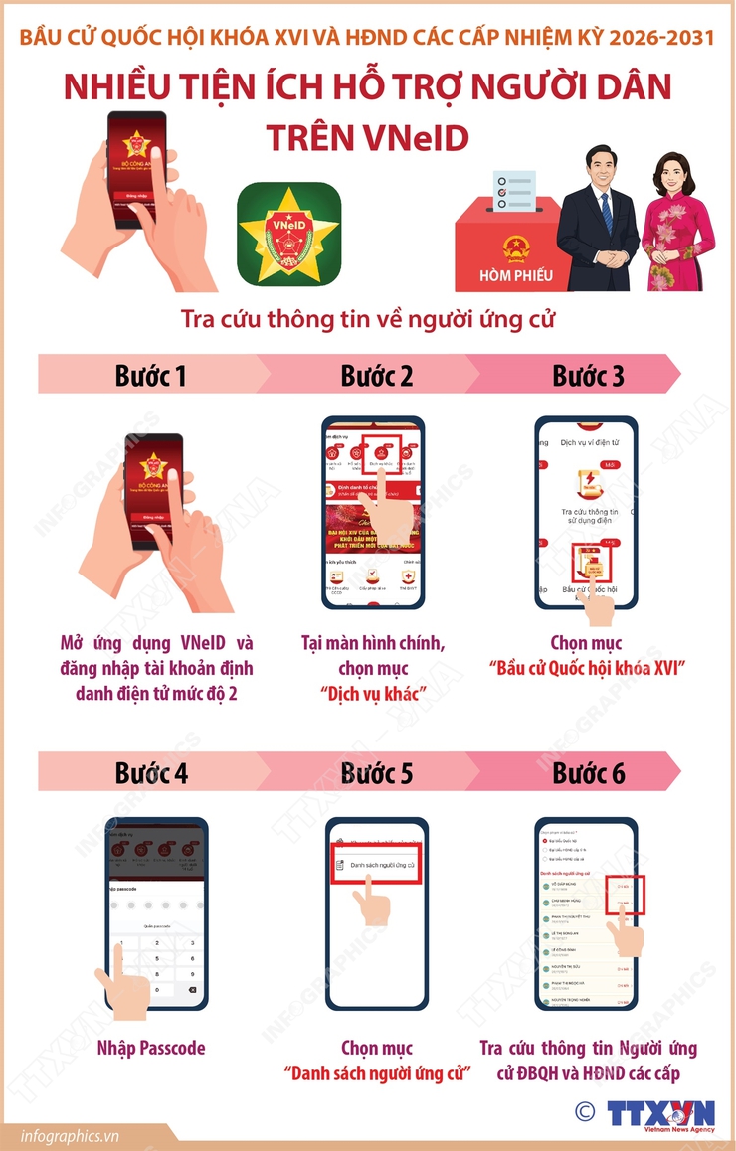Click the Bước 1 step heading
(x=150, y=376)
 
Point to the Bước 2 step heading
(x=376, y=376)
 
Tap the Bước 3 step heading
(x=588, y=376)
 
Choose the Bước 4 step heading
(x=150, y=773)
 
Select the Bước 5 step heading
(x=376, y=773)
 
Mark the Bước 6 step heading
(x=588, y=773)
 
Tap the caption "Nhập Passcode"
(x=151, y=1048)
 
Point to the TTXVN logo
(x=660, y=1111)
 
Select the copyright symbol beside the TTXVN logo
(x=585, y=1110)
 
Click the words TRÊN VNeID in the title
(x=367, y=138)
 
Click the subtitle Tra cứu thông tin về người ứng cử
(x=367, y=320)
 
